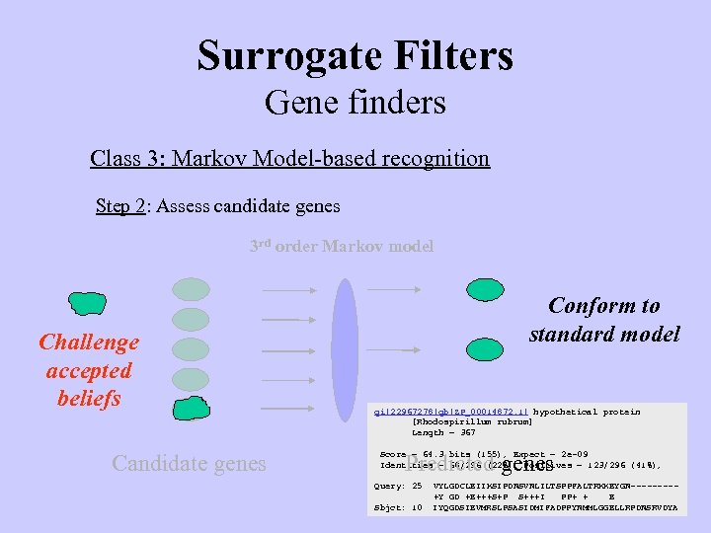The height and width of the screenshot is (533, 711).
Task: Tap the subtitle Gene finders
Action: click(x=355, y=102)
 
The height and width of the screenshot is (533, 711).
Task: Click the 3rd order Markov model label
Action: click(x=341, y=246)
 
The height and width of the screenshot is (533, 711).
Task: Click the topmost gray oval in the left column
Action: click(x=191, y=289)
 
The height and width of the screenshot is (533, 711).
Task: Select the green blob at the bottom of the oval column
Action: click(x=192, y=409)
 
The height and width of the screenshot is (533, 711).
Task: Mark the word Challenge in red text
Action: click(x=89, y=343)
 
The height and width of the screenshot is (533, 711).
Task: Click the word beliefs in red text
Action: click(x=89, y=398)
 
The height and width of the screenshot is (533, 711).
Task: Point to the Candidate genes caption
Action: click(x=189, y=462)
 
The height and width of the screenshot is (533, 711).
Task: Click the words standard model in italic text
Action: click(x=604, y=334)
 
